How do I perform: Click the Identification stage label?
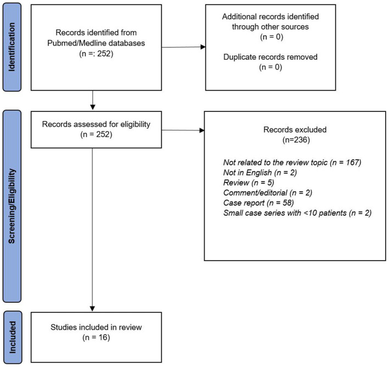[x=12, y=47]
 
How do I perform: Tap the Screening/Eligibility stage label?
[x=12, y=206]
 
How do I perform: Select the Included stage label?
[x=12, y=337]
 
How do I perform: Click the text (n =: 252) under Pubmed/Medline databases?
[x=96, y=54]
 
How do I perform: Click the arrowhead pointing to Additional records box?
[x=203, y=47]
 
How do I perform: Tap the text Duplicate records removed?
[x=270, y=57]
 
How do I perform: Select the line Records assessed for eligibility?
[x=96, y=124]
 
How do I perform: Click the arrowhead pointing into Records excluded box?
[x=202, y=130]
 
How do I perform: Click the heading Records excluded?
[x=295, y=129]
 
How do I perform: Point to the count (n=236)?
[x=296, y=140]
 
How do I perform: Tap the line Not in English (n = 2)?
[x=260, y=173]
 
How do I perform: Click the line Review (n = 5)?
[x=248, y=183]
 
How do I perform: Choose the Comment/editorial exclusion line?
[x=268, y=193]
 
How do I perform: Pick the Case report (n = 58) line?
[x=258, y=203]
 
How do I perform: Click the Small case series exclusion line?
[x=297, y=213]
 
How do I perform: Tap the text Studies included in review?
[x=96, y=327]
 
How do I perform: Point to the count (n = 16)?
[x=96, y=337]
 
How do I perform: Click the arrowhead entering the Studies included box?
[x=92, y=309]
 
